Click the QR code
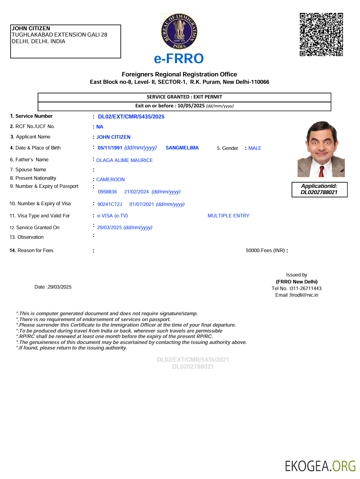click(321, 35)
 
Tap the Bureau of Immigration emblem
click(179, 32)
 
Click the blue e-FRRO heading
click(179, 59)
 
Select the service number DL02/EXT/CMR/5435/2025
click(131, 117)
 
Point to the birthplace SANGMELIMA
click(182, 148)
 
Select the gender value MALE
click(255, 148)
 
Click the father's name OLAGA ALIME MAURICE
click(124, 161)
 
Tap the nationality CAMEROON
click(110, 180)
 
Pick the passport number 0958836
click(107, 192)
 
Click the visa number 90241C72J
click(110, 204)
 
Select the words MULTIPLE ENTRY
click(228, 216)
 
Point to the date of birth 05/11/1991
click(110, 148)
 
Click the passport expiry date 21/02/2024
click(136, 192)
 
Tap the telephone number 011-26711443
click(306, 289)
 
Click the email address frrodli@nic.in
click(304, 295)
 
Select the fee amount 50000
click(253, 251)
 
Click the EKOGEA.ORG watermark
click(320, 466)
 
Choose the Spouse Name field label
click(31, 170)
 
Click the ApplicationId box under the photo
click(319, 189)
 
